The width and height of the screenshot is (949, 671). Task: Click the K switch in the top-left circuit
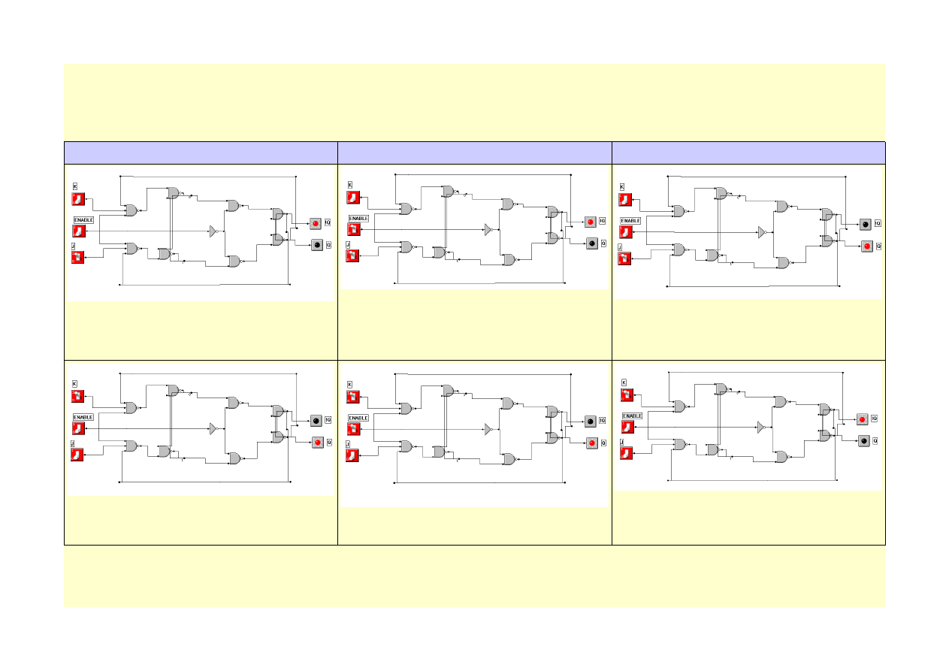tap(78, 199)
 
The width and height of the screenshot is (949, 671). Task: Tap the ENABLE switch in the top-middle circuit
tap(353, 230)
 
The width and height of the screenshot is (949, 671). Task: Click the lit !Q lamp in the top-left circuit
tap(316, 223)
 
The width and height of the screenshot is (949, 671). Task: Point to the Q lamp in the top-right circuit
tap(866, 246)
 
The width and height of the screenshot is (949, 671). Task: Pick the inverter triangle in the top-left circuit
tap(213, 231)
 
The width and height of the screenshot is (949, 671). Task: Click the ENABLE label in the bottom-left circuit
tap(83, 416)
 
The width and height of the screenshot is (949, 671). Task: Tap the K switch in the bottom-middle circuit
tap(353, 397)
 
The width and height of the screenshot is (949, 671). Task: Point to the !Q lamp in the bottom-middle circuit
tap(591, 422)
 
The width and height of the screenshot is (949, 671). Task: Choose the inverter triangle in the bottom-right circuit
tap(760, 427)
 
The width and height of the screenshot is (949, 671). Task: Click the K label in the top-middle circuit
tap(349, 185)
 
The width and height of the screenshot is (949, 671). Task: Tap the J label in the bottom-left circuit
tap(74, 444)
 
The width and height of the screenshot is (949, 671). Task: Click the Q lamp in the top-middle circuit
tap(592, 243)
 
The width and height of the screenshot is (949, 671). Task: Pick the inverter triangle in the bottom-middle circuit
tap(488, 429)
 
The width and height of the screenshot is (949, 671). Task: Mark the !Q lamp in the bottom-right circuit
tap(864, 419)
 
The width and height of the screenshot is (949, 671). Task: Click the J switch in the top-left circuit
tap(78, 258)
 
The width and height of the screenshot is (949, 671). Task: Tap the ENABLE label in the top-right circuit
tap(630, 221)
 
